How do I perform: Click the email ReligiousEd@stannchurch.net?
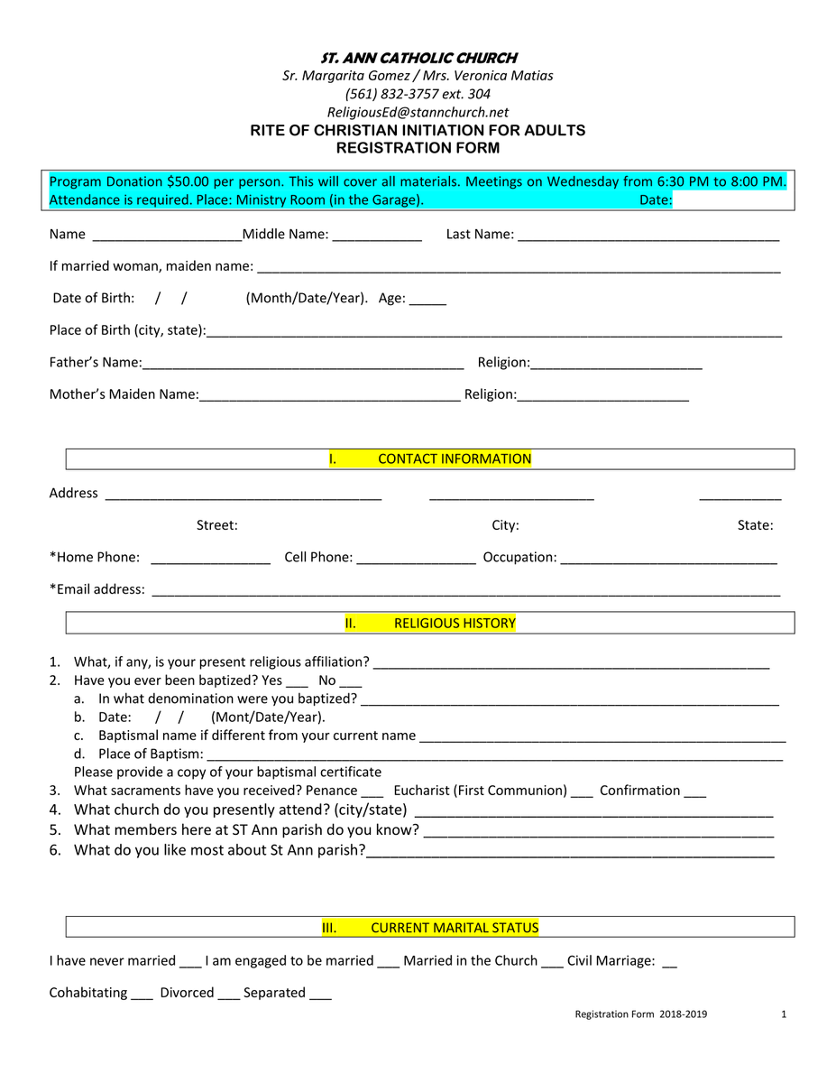coord(418,112)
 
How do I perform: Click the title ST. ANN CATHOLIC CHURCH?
coord(418,58)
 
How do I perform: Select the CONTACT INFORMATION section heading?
coord(455,459)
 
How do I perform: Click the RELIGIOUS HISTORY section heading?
coord(455,624)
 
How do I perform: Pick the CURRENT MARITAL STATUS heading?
coord(455,928)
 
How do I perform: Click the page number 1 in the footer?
coord(784,1014)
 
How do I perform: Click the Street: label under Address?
coord(217,525)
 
